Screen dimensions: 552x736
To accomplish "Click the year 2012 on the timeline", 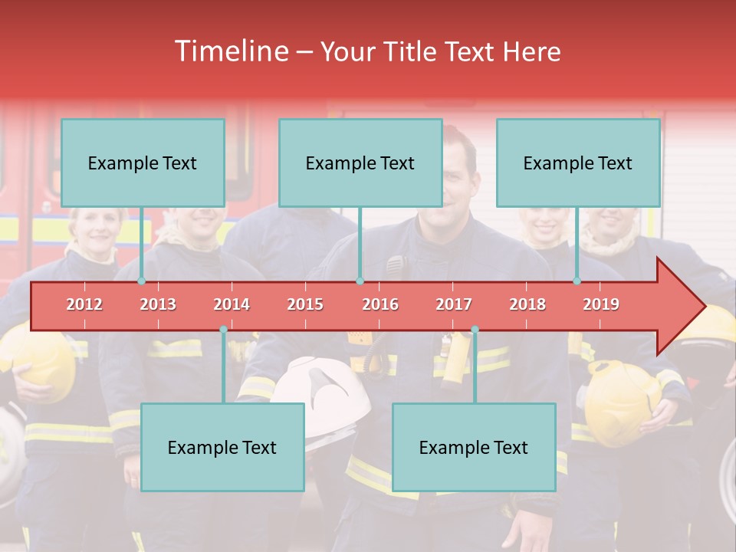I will [x=84, y=304].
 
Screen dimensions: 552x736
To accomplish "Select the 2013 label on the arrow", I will [x=158, y=304].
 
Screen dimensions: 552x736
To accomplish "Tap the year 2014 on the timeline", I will [x=232, y=304].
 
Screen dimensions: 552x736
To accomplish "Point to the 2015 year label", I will [x=305, y=304].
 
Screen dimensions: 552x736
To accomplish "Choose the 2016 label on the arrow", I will [x=380, y=304].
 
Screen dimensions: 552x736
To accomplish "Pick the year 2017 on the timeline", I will [x=454, y=304].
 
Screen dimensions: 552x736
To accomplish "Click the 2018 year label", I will [x=527, y=304].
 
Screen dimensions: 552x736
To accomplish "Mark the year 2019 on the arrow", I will [x=601, y=304].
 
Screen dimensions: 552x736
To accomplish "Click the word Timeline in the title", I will [x=230, y=51].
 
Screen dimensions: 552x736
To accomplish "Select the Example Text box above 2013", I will [x=143, y=163].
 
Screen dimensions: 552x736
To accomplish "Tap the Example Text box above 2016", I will [x=360, y=163].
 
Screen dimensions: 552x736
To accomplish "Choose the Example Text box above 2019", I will [x=578, y=163].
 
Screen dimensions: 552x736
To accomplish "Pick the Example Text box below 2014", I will [x=222, y=447].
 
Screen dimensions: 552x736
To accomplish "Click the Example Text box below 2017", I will [x=474, y=447].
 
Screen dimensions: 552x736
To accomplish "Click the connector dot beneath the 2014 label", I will [x=223, y=330].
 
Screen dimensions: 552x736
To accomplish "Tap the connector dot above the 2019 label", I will [x=577, y=281].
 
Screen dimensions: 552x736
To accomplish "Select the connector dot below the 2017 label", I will [x=475, y=330].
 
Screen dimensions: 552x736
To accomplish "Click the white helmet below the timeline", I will [x=322, y=383].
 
